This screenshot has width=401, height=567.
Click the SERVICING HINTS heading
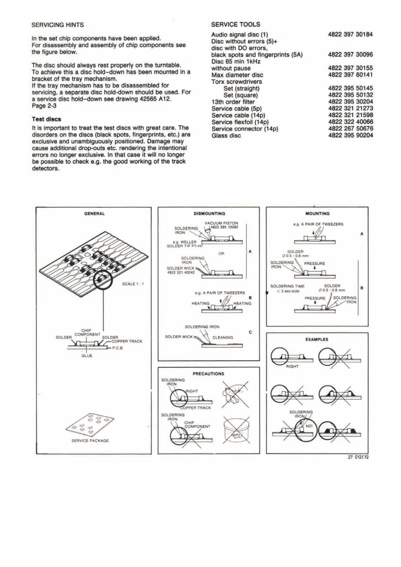[x=58, y=24]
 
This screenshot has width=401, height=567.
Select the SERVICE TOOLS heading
[x=236, y=24]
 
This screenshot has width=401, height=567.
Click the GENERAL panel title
[x=94, y=214]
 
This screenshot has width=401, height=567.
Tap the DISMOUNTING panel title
[x=209, y=214]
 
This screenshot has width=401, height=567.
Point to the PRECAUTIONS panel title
[x=208, y=374]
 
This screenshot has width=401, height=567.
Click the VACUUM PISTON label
[x=218, y=223]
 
